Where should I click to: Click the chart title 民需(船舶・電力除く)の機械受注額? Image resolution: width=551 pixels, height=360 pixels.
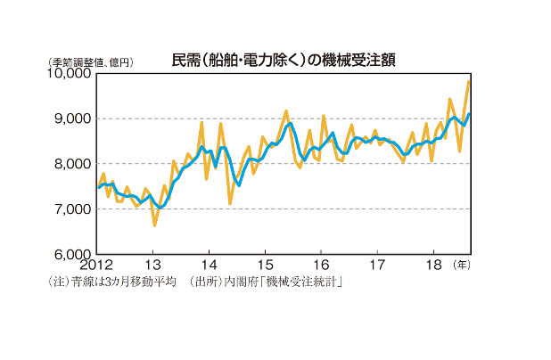click(x=284, y=60)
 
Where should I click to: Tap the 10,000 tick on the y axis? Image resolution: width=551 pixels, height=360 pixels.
click(x=69, y=74)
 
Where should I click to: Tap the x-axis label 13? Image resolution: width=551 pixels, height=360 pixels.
click(x=152, y=266)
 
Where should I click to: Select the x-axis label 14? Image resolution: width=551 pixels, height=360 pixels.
click(x=209, y=266)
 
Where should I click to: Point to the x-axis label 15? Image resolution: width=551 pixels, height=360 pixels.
click(x=265, y=266)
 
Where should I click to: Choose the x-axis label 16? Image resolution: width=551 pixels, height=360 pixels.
click(x=321, y=266)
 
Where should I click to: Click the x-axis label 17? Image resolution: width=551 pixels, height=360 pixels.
click(x=377, y=266)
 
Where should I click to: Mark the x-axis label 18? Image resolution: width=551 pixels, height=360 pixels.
click(x=434, y=266)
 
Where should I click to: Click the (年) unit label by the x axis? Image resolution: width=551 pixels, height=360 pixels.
click(x=462, y=266)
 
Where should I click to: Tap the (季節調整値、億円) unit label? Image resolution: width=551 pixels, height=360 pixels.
click(x=91, y=61)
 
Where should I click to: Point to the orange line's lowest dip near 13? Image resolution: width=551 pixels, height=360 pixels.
click(x=154, y=225)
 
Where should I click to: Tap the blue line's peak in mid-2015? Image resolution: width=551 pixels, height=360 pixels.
click(x=289, y=124)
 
